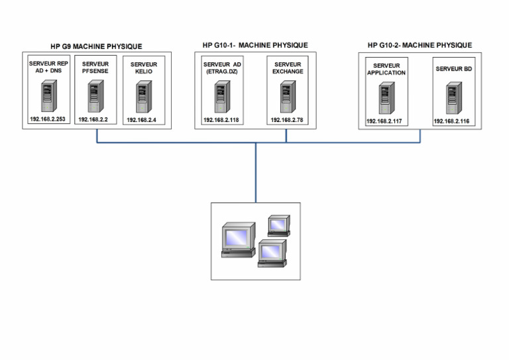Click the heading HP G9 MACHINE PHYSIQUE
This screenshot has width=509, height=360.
[x=96, y=46]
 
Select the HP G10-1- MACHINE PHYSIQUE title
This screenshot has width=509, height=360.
[x=255, y=45]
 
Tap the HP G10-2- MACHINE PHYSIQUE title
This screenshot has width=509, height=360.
[x=420, y=45]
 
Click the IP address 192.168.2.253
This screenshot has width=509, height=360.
[x=48, y=119]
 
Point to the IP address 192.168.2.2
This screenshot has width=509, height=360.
[x=93, y=119]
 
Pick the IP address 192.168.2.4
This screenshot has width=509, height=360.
[x=141, y=120]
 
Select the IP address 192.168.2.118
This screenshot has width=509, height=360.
[x=221, y=120]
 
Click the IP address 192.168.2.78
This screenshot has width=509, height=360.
[x=287, y=120]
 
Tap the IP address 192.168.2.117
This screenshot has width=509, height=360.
[x=384, y=121]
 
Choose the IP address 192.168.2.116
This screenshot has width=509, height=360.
[x=451, y=121]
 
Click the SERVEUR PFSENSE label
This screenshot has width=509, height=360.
[x=95, y=68]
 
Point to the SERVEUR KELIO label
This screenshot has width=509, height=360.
[x=143, y=68]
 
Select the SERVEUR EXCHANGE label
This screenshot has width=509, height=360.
[x=288, y=68]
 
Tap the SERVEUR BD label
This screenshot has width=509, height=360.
[x=454, y=69]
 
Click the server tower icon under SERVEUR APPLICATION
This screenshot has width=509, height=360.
[x=386, y=97]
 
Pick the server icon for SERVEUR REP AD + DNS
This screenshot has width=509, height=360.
[x=49, y=95]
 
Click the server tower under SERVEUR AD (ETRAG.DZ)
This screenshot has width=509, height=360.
[x=223, y=97]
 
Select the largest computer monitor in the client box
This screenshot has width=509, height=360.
[x=239, y=240]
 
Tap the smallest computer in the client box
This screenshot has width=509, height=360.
[x=279, y=225]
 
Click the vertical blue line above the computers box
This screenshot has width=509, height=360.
[x=256, y=172]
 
